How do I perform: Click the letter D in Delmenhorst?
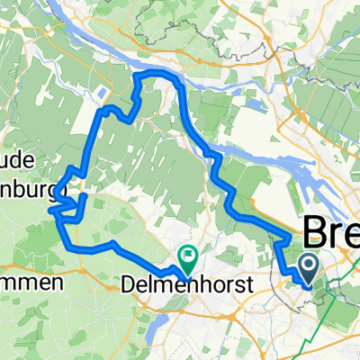[127, 285]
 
